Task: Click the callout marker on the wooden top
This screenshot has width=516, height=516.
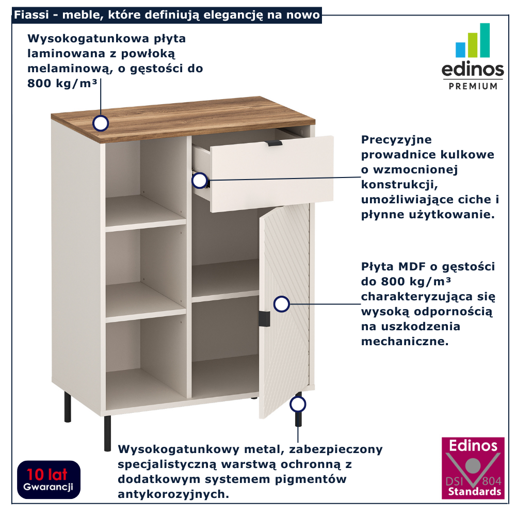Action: [101, 123]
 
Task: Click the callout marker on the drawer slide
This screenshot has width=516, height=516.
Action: [199, 180]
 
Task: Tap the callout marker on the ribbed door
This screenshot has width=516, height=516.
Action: [281, 304]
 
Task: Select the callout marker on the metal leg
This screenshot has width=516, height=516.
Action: [298, 404]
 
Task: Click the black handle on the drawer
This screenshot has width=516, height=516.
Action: [274, 143]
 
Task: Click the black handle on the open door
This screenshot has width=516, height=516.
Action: [264, 319]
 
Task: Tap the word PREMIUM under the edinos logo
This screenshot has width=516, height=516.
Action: [473, 86]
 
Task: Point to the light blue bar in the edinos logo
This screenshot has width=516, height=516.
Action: [460, 50]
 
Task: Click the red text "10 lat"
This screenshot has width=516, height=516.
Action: [47, 475]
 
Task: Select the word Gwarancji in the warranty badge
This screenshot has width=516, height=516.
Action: [48, 488]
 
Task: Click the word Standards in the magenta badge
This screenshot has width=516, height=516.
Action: [475, 492]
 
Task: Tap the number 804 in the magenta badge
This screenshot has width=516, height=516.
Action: [492, 481]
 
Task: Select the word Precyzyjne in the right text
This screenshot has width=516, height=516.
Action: [396, 140]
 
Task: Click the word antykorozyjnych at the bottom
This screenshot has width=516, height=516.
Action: [173, 494]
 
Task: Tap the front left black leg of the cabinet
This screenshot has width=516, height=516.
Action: [107, 433]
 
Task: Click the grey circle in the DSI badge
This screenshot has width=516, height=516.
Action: [473, 465]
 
